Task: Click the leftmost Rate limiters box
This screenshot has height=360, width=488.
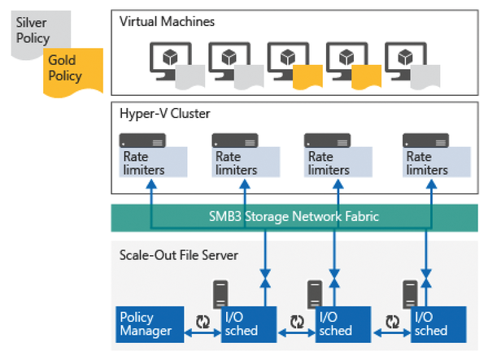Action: click(154, 163)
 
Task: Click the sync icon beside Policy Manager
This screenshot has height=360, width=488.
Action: click(202, 320)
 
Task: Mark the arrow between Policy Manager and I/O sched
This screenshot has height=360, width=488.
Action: click(200, 332)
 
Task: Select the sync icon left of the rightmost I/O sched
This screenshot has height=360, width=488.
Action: click(393, 320)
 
